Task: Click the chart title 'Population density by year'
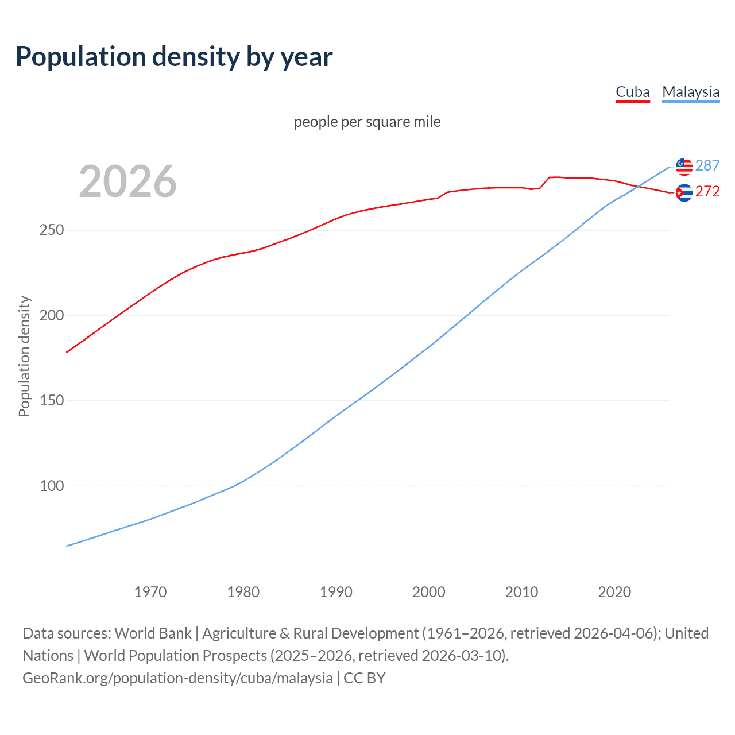coord(174,56)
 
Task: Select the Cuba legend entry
coord(632,92)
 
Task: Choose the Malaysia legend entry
coord(690,92)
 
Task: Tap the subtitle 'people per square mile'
coord(367,122)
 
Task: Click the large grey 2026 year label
coord(127,181)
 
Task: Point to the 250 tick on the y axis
coord(52,230)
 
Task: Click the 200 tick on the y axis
coord(52,315)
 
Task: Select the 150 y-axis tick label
coord(52,400)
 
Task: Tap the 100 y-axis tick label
coord(52,486)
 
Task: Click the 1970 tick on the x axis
coord(150,591)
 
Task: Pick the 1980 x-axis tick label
coord(243,591)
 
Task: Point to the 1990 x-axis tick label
coord(336,591)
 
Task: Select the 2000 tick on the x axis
coord(429,591)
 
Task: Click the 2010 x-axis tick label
coord(521,591)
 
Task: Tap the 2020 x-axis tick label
coord(614,591)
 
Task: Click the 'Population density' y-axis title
coord(24,356)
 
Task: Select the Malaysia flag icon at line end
coord(684,167)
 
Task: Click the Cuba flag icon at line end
coord(684,193)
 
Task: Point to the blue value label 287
coord(707,165)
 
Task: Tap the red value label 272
coord(707,191)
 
